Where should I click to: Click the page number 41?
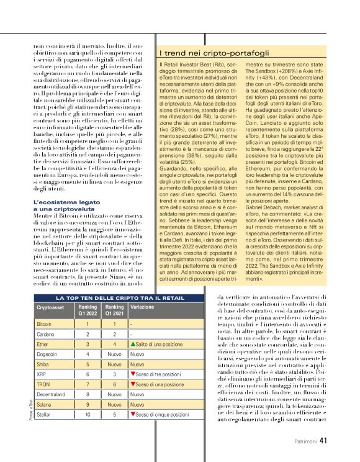(323, 440)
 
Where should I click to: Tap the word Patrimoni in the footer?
(305, 441)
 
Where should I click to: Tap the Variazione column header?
(143, 307)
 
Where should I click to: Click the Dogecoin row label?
(48, 353)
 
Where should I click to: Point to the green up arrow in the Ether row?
(132, 343)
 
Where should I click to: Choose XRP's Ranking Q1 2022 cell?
(88, 375)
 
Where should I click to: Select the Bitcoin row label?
(44, 324)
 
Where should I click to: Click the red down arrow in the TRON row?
(132, 384)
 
